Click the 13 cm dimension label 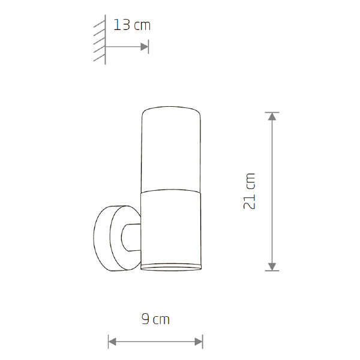(x=132, y=25)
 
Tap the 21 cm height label (x=249, y=191)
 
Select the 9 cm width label (x=155, y=319)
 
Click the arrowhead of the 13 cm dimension (x=145, y=47)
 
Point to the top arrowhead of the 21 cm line (x=272, y=116)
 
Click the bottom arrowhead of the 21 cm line (x=272, y=266)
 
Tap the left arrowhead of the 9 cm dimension (x=112, y=341)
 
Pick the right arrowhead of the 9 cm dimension (x=199, y=341)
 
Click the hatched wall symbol (x=100, y=40)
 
